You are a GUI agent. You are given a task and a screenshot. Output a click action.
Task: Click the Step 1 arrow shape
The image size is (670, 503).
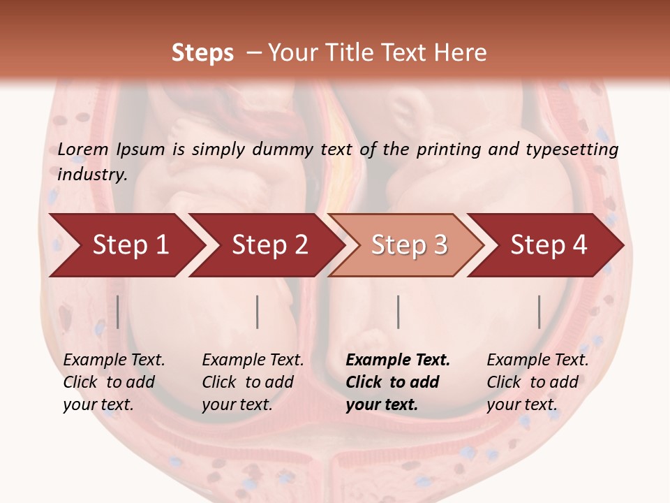126,245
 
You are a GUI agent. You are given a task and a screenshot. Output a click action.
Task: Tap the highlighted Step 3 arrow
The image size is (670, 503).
408,245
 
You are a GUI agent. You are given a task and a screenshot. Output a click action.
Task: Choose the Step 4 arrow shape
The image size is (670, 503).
548,245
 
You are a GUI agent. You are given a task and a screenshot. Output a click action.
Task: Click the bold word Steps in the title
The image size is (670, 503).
202,53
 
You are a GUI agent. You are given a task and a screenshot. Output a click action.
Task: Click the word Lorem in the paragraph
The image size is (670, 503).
83,149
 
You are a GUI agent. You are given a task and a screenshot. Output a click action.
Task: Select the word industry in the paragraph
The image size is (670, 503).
92,174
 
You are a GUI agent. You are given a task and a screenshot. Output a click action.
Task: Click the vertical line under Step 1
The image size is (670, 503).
118,312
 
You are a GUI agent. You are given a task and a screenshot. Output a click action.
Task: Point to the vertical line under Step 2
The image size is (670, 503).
258,312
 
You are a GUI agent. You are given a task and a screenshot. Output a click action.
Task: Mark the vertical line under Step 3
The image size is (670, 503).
398,312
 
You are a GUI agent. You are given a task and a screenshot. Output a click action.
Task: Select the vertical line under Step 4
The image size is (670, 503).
539,312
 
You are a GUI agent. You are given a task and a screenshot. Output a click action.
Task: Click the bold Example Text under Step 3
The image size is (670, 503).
398,360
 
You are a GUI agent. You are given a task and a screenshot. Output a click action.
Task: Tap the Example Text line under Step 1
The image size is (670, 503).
114,360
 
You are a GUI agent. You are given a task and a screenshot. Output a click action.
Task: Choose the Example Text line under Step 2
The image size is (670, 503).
253,360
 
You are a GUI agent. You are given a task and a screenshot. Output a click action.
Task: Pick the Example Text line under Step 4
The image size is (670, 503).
537,360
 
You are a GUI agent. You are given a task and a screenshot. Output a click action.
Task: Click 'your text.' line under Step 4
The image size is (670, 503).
521,404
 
